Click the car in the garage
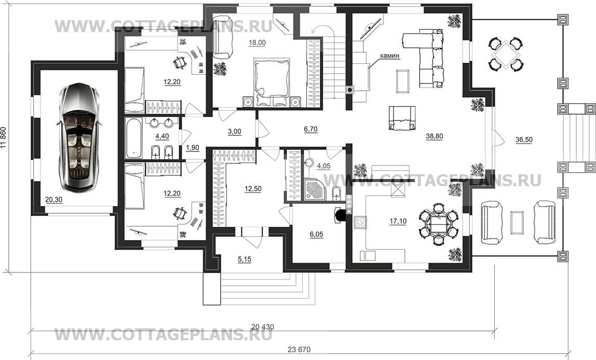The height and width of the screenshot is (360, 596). pos(79,137)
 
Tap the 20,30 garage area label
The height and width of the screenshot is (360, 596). pos(53,200)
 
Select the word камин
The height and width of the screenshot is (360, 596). pos(389,56)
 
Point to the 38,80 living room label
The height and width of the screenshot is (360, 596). pos(435,136)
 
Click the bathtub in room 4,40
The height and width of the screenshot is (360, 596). pos(133,137)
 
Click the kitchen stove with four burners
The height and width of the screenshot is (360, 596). pos(360,222)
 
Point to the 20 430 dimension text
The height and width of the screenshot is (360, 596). pos(262,327)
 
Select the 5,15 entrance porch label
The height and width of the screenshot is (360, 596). pos(245,259)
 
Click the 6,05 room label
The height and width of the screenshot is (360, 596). pos(316,234)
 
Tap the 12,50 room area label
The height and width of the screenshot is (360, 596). pos(253,189)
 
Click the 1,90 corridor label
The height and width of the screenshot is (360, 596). pos(192,148)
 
